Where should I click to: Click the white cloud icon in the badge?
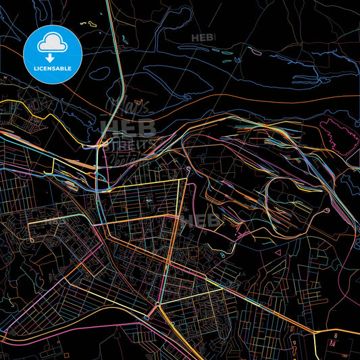point(52,43)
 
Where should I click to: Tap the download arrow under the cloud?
point(52,57)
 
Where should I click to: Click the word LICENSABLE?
point(52,68)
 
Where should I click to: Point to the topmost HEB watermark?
point(202,38)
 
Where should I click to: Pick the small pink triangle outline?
point(277,254)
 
